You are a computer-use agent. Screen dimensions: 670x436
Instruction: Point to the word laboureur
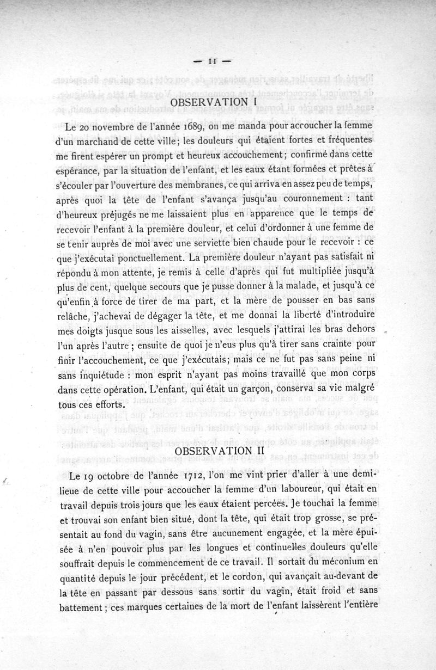[316, 489]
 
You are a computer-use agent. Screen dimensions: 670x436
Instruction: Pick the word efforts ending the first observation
[111, 405]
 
